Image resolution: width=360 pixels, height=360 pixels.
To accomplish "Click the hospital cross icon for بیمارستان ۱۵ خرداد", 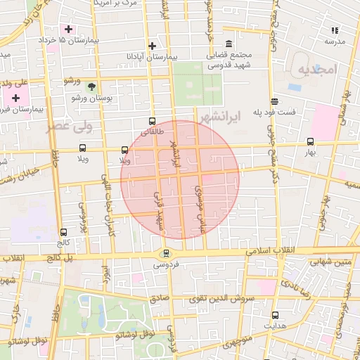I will click(x=68, y=29).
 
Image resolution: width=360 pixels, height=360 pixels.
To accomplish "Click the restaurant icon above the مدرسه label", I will click(x=335, y=30).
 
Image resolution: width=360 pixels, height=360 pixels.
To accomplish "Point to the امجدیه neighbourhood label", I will click(x=318, y=69).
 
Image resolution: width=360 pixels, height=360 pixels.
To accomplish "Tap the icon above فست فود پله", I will click(x=274, y=101).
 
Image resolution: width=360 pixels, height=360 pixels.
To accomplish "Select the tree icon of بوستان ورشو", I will click(x=91, y=86).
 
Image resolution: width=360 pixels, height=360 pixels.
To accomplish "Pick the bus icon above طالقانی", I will click(x=153, y=121).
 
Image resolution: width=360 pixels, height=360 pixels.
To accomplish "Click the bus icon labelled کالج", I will click(x=64, y=232).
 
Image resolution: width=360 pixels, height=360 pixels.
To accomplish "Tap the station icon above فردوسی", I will click(x=166, y=254).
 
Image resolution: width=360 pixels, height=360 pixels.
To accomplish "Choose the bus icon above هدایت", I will click(x=274, y=316).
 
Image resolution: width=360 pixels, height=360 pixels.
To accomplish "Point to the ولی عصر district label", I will click(x=69, y=127).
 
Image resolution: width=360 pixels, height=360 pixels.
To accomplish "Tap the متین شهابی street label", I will click(x=330, y=262).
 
